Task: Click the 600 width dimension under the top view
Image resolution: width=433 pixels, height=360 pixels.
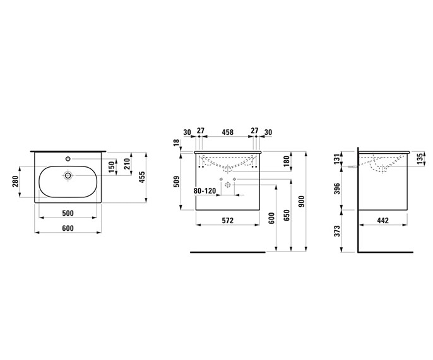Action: (68, 228)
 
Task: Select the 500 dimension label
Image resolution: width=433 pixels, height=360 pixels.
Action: (68, 213)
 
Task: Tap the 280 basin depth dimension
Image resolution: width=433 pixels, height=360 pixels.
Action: (15, 182)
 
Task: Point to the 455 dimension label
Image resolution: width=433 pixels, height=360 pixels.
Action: (142, 178)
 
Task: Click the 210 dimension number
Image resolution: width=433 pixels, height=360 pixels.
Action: (127, 164)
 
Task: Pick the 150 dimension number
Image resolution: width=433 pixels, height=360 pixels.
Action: (111, 167)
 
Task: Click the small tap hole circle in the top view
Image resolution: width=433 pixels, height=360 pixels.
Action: (68, 159)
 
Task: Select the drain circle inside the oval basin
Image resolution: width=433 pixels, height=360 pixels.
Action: (68, 175)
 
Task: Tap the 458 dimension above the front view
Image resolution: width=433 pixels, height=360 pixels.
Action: (228, 132)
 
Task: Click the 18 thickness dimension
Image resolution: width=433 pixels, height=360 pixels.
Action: (177, 144)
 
